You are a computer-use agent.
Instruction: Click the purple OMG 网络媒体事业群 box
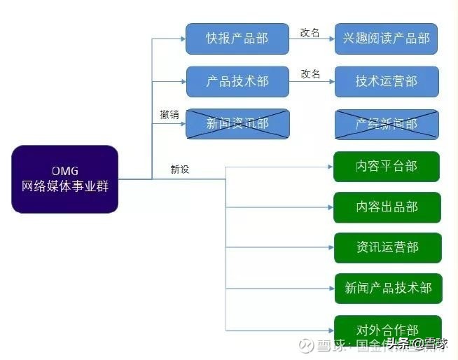64,179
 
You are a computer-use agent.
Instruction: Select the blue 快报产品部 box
237,39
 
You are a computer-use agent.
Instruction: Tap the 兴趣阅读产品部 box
386,39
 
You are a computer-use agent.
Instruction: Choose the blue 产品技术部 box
237,81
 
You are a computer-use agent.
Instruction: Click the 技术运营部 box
386,81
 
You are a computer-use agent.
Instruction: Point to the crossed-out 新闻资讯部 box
237,124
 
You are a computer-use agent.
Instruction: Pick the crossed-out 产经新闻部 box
386,124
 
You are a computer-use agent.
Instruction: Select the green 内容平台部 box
386,167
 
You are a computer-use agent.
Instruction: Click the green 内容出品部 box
387,207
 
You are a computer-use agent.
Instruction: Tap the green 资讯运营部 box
387,248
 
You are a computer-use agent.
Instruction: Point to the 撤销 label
169,114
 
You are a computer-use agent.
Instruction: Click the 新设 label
180,169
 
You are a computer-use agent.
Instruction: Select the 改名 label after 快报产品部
310,32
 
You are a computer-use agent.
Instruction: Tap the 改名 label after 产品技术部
310,74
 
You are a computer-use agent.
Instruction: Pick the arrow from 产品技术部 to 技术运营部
312,82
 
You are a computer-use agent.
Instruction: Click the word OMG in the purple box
64,171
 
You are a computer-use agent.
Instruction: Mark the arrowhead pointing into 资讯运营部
329,248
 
